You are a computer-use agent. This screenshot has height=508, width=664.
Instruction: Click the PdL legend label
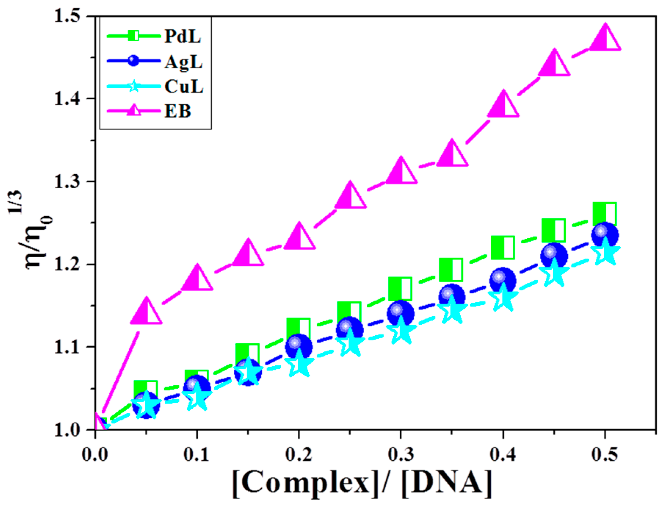(x=182, y=36)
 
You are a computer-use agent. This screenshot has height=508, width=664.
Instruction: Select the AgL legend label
(x=183, y=61)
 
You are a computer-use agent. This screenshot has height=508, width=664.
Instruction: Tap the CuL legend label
(x=184, y=87)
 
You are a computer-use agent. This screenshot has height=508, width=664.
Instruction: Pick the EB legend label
(x=178, y=111)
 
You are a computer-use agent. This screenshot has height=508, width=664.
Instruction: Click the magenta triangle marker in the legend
(x=134, y=110)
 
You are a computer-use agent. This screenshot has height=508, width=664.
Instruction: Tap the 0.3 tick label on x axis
(x=401, y=455)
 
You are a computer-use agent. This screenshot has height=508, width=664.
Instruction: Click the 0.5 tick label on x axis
(x=605, y=455)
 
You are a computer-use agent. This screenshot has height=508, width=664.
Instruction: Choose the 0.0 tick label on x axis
(x=95, y=455)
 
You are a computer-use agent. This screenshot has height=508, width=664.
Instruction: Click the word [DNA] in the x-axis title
(x=446, y=483)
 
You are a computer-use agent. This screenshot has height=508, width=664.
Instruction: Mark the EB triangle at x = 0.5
(x=605, y=39)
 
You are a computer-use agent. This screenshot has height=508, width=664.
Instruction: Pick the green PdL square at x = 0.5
(x=604, y=214)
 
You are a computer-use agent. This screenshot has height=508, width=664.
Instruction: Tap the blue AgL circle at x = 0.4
(x=502, y=281)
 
